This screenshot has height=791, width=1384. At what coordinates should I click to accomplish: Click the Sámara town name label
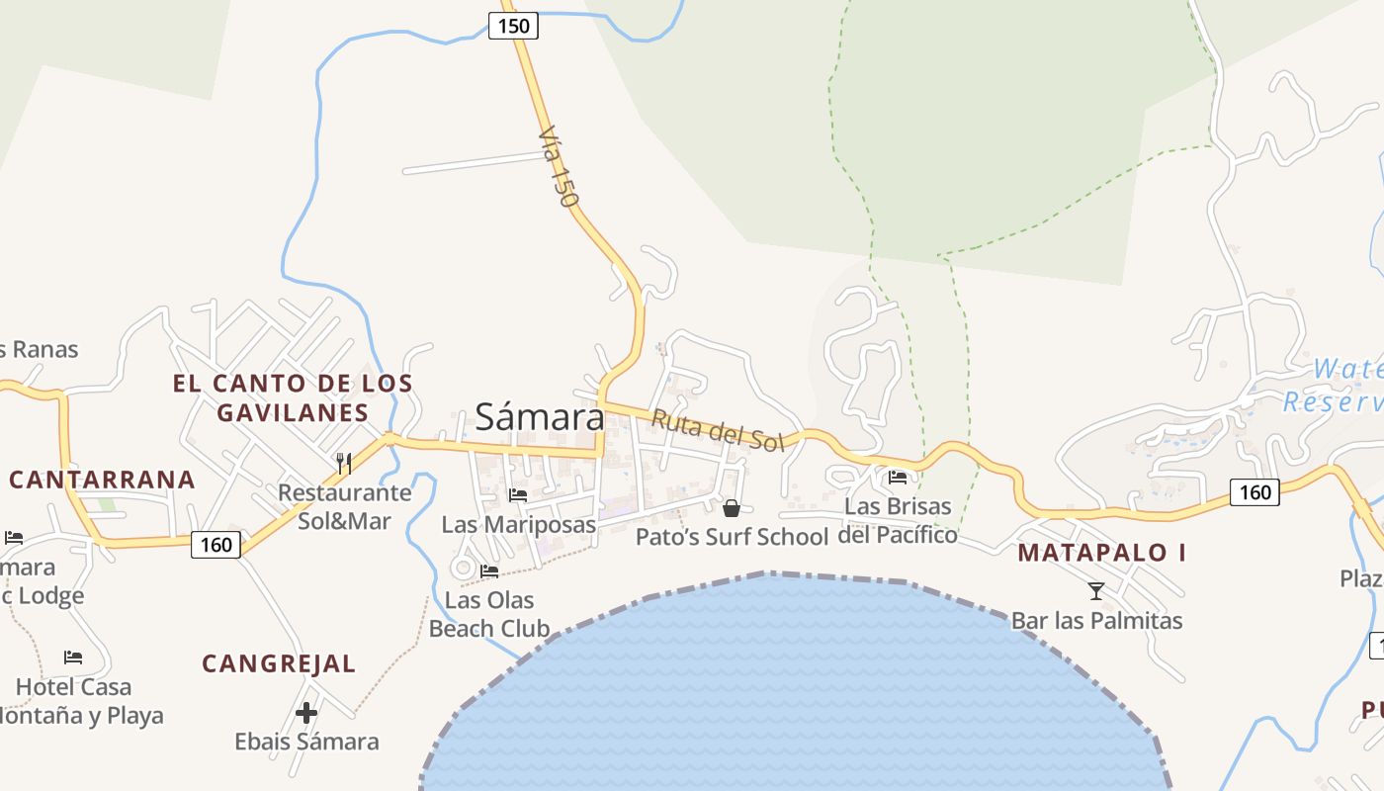[x=539, y=416]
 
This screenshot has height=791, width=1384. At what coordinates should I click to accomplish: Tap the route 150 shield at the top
[x=513, y=26]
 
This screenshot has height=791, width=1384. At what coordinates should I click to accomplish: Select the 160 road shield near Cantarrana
[x=216, y=544]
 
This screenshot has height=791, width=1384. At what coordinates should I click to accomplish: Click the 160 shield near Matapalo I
[x=1254, y=491]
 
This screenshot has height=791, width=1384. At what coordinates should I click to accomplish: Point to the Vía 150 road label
[x=558, y=166]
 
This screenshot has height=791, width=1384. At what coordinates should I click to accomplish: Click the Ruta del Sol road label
[x=717, y=430]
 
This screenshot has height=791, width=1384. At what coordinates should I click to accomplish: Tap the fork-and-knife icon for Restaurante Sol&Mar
[x=344, y=462]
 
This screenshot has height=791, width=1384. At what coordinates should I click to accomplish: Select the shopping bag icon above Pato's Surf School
[x=732, y=508]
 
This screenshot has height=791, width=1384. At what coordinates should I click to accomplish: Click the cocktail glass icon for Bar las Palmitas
[x=1095, y=591]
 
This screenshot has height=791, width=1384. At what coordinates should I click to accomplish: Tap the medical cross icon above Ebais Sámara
[x=306, y=712]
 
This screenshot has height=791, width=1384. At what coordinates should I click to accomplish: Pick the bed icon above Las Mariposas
[x=518, y=494]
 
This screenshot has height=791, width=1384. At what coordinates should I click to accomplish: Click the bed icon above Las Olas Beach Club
[x=489, y=571]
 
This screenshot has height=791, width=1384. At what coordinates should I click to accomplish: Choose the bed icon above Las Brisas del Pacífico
[x=898, y=477]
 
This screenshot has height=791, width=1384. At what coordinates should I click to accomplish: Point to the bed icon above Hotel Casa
[x=73, y=657]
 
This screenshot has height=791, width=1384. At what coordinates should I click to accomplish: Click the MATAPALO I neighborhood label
[x=1101, y=553]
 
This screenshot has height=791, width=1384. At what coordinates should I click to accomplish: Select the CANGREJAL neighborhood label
[x=279, y=663]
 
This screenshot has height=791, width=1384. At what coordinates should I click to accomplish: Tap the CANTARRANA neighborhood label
[x=102, y=481]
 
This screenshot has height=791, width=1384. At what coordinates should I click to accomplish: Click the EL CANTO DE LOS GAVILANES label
[x=293, y=397]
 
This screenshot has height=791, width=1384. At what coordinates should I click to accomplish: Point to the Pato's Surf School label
[x=732, y=537]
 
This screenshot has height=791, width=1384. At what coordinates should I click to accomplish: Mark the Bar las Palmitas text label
[x=1096, y=621]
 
